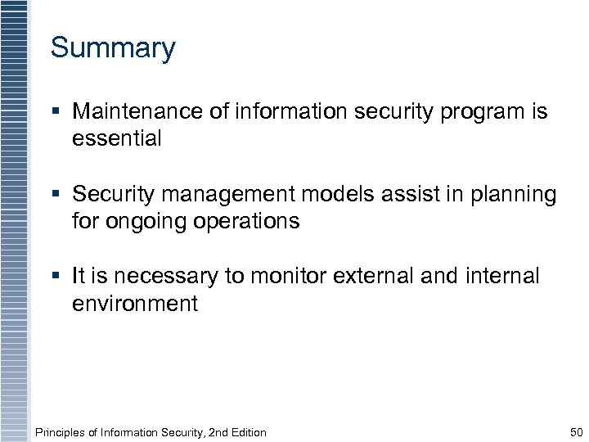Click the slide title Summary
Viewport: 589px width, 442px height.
pyautogui.click(x=113, y=48)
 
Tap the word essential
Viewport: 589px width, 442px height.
pyautogui.click(x=117, y=139)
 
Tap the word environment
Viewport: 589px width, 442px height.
pyautogui.click(x=135, y=304)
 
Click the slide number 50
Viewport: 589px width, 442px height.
pyautogui.click(x=576, y=432)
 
